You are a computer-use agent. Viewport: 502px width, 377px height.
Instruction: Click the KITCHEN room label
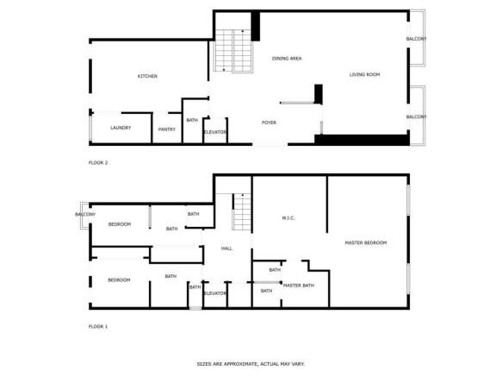pyautogui.click(x=147, y=76)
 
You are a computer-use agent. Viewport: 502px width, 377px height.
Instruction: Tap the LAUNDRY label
pyautogui.click(x=121, y=128)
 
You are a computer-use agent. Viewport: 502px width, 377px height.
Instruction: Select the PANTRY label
pyautogui.click(x=167, y=129)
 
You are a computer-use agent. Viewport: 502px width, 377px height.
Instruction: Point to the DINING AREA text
pyautogui.click(x=287, y=59)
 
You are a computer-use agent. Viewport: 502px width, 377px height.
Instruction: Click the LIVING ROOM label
pyautogui.click(x=364, y=74)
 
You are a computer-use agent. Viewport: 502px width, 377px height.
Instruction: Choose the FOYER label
pyautogui.click(x=269, y=123)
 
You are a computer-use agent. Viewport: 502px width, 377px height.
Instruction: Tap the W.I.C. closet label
pyautogui.click(x=288, y=218)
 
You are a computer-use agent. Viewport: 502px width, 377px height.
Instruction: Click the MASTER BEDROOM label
pyautogui.click(x=366, y=243)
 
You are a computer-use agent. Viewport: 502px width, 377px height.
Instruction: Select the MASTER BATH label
pyautogui.click(x=299, y=286)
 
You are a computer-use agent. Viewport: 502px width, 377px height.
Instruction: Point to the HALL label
pyautogui.click(x=226, y=248)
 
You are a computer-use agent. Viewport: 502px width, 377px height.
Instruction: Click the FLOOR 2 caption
pyautogui.click(x=98, y=163)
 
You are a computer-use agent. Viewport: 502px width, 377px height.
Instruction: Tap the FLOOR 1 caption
pyautogui.click(x=98, y=326)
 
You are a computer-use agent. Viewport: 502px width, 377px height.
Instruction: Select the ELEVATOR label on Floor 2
pyautogui.click(x=215, y=132)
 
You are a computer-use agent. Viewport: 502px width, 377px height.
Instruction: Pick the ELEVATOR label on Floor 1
pyautogui.click(x=215, y=293)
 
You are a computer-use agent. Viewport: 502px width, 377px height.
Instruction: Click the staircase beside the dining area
pyautogui.click(x=233, y=51)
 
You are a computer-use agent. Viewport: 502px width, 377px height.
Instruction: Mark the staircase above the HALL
pyautogui.click(x=242, y=211)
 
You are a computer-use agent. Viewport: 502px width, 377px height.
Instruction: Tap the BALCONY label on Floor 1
pyautogui.click(x=85, y=214)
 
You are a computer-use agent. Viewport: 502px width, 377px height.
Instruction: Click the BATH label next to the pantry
pyautogui.click(x=192, y=120)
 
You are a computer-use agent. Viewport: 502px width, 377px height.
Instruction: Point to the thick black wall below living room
pyautogui.click(x=362, y=140)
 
